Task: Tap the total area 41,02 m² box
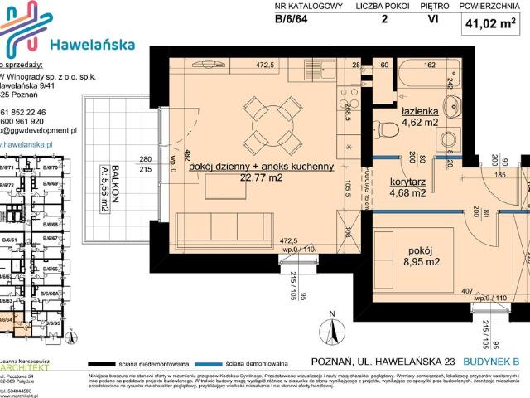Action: tap(495, 25)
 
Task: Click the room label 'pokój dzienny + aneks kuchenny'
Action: tap(261, 167)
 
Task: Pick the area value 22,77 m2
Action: tap(262, 177)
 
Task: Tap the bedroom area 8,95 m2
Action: tap(422, 263)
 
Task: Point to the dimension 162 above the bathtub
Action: tap(431, 64)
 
